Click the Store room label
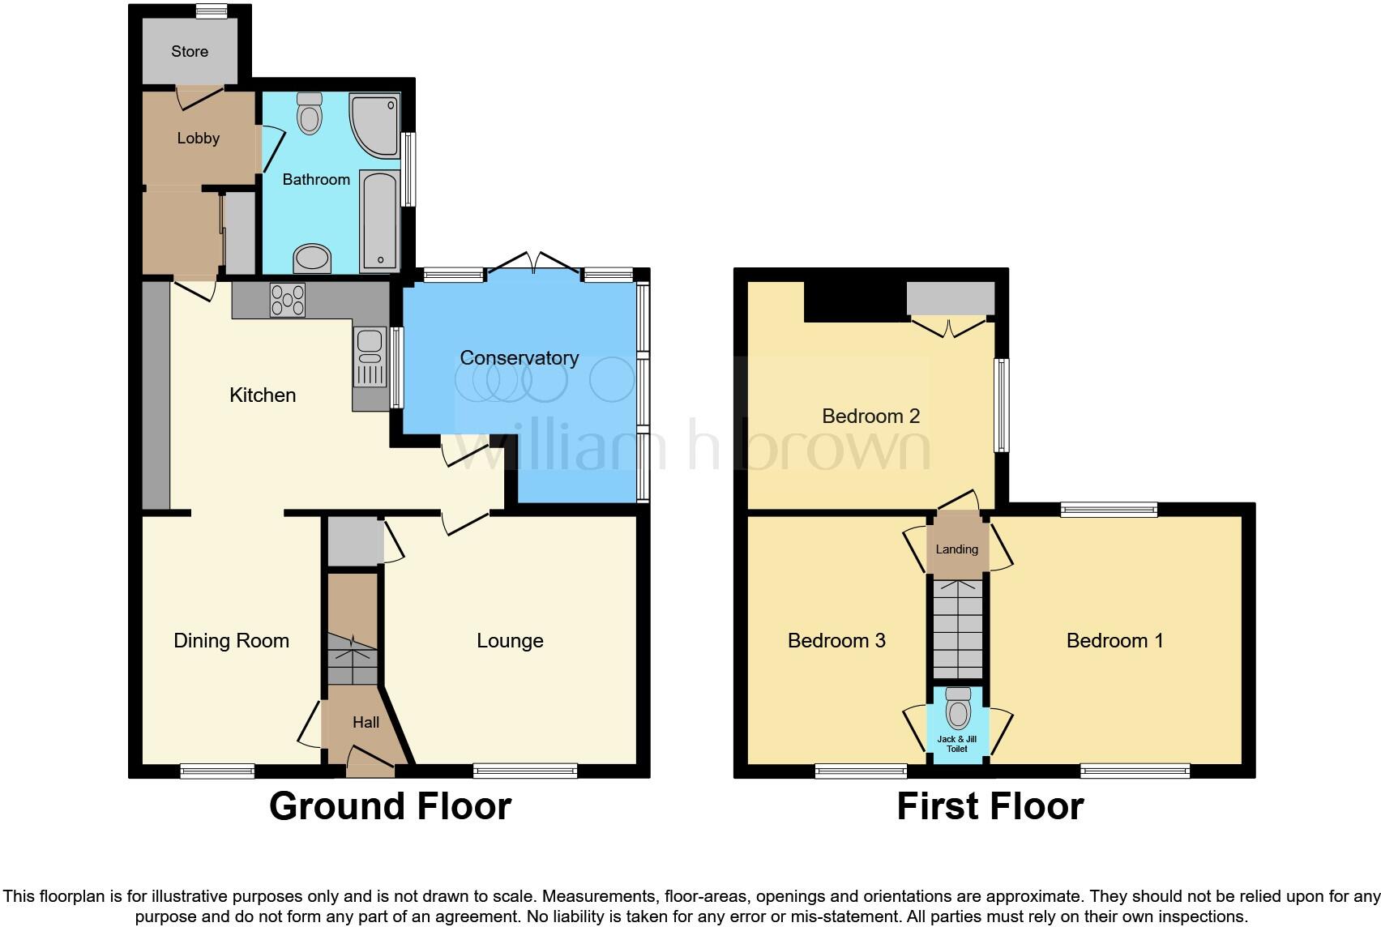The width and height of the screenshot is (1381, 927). coord(190,51)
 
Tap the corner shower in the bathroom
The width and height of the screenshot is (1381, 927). coord(371,124)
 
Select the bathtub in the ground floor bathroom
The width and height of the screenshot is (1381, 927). coord(378,220)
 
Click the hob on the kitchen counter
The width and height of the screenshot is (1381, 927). coord(287,300)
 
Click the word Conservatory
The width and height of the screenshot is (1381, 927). coord(519,357)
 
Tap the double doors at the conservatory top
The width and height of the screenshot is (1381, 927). coord(534,261)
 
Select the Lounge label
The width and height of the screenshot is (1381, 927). coord(510,640)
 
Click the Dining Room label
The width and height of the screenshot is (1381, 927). coord(231,640)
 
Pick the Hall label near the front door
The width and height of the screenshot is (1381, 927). coord(366,722)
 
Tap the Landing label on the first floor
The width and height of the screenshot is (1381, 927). coord(957,549)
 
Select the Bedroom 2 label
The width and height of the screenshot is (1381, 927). coord(870,416)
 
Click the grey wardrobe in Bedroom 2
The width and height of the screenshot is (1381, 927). coord(950,298)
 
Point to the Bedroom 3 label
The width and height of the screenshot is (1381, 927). coord(836,640)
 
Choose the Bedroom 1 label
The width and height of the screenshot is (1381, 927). coord(1114,640)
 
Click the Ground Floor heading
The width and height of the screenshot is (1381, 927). coord(390,806)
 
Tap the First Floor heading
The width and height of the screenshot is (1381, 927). coord(990,806)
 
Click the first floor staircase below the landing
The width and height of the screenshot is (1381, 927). coord(957,628)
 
